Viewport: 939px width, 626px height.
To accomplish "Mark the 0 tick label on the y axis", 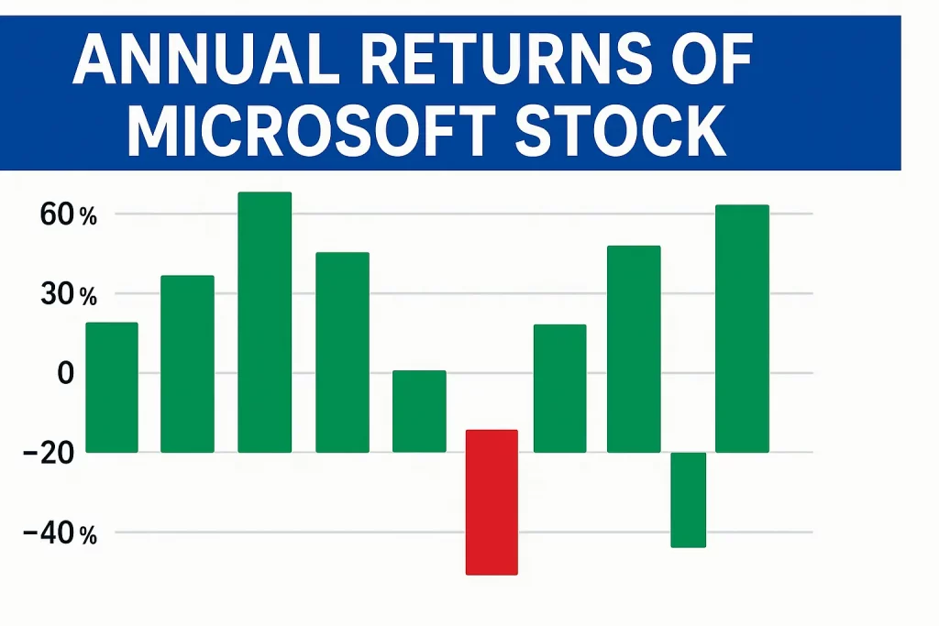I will coord(65,374).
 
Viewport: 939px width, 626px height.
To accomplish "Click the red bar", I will coord(492,501).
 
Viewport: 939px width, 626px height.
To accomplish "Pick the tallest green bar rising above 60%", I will coord(264,322).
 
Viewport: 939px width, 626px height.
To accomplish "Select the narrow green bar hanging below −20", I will coord(688,500).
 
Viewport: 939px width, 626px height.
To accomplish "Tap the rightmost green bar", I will coord(742,328).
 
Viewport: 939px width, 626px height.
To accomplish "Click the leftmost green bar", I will coord(112,387).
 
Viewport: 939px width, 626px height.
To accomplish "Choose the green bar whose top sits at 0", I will coord(419,411).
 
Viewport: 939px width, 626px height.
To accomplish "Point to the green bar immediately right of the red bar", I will coord(559,388).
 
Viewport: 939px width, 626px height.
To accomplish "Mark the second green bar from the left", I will coord(187,363).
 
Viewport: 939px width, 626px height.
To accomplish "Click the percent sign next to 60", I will coord(88,217).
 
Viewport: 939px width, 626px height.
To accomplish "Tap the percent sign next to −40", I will coord(88,535).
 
